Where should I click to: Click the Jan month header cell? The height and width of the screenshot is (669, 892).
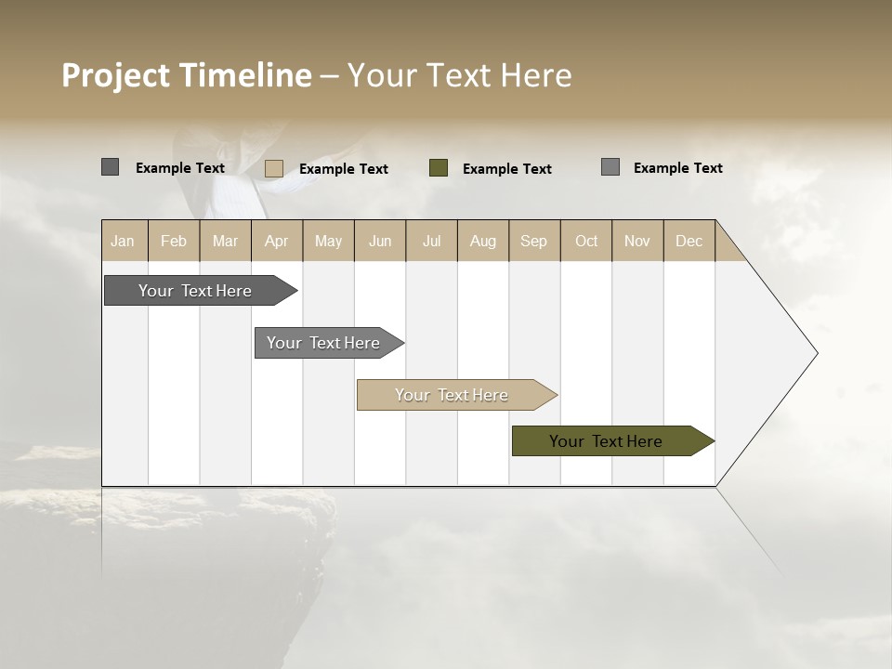click(x=123, y=241)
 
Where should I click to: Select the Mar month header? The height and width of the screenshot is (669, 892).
click(x=225, y=241)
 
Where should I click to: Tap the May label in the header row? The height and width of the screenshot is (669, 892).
click(x=328, y=241)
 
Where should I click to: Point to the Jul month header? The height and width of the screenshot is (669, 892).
click(x=431, y=241)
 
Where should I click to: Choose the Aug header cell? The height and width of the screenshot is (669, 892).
click(x=482, y=241)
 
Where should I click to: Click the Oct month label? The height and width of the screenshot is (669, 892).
click(x=586, y=241)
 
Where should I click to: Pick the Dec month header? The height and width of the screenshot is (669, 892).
click(x=689, y=241)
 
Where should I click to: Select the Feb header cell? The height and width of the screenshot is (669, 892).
click(x=174, y=241)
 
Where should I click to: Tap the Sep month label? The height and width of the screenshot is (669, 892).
click(x=533, y=241)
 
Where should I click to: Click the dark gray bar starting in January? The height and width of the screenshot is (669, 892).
click(x=195, y=291)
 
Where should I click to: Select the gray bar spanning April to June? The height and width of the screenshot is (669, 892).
click(x=323, y=343)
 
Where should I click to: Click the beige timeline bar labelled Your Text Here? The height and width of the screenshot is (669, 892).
click(x=452, y=395)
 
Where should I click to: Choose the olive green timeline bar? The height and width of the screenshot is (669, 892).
click(x=606, y=441)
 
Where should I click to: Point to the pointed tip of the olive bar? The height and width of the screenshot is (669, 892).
click(x=712, y=441)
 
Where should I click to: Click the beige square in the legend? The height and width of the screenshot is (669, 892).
click(x=274, y=168)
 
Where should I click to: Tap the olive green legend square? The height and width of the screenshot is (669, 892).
click(x=439, y=168)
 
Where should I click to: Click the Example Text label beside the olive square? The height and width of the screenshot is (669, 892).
click(x=507, y=169)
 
